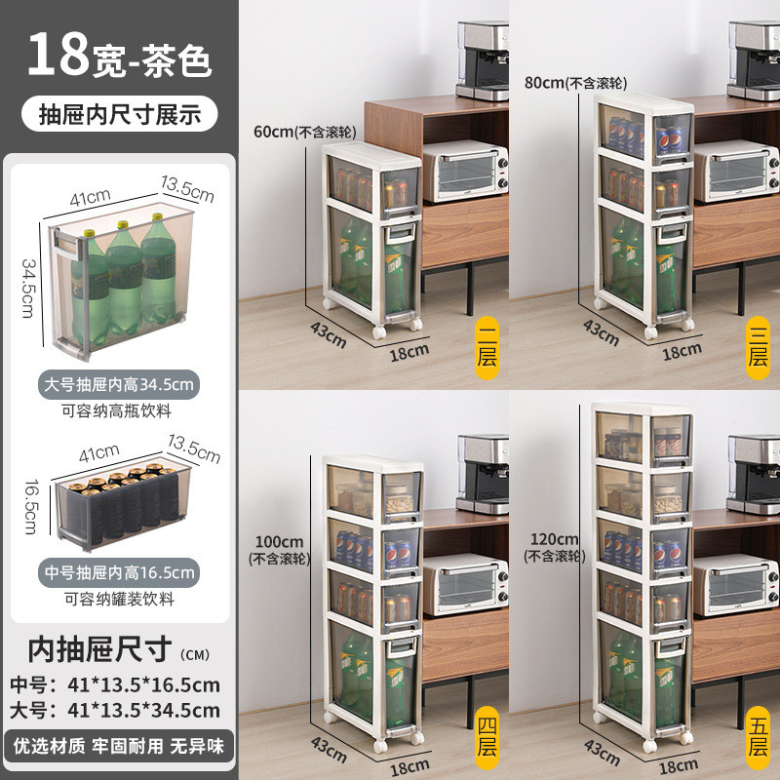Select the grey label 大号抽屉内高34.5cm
[119, 384]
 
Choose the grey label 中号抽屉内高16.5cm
[119, 571]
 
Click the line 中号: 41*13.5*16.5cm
[119, 684]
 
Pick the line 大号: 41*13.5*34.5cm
[119, 710]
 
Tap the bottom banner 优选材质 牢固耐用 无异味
[119, 746]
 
